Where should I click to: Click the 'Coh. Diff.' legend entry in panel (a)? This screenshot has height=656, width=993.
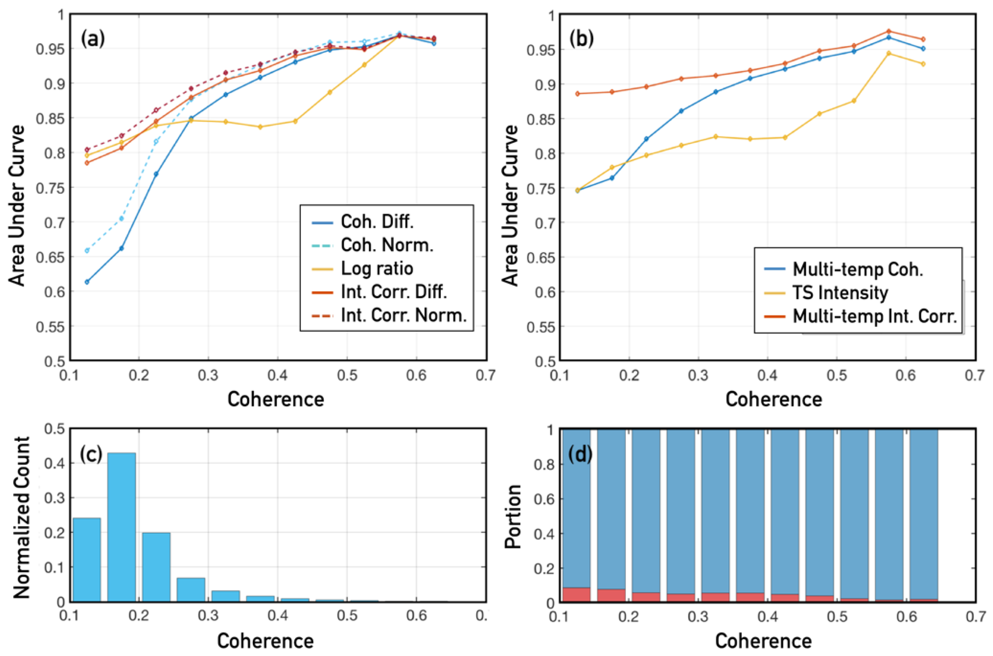click(x=377, y=222)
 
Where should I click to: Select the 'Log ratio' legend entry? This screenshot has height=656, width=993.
click(x=377, y=269)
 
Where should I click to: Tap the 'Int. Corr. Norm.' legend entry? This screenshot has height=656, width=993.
click(x=403, y=316)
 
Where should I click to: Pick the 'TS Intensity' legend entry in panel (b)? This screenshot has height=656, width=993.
click(x=840, y=293)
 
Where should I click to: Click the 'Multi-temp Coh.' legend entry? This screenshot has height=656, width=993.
click(x=857, y=270)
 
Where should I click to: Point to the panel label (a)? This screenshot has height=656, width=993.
click(x=93, y=39)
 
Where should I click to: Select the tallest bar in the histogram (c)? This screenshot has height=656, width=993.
click(x=122, y=527)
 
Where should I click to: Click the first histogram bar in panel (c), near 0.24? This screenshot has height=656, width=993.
click(x=87, y=560)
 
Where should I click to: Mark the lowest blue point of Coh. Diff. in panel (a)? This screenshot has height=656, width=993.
click(x=87, y=282)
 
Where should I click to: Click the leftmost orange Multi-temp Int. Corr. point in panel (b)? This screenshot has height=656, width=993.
click(x=578, y=94)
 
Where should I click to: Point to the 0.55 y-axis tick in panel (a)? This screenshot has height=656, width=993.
click(x=50, y=327)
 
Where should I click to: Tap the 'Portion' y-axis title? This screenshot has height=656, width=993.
click(x=512, y=517)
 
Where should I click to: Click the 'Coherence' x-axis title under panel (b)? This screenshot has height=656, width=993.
click(x=773, y=399)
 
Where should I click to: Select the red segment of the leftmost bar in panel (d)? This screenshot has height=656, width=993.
click(x=576, y=595)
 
